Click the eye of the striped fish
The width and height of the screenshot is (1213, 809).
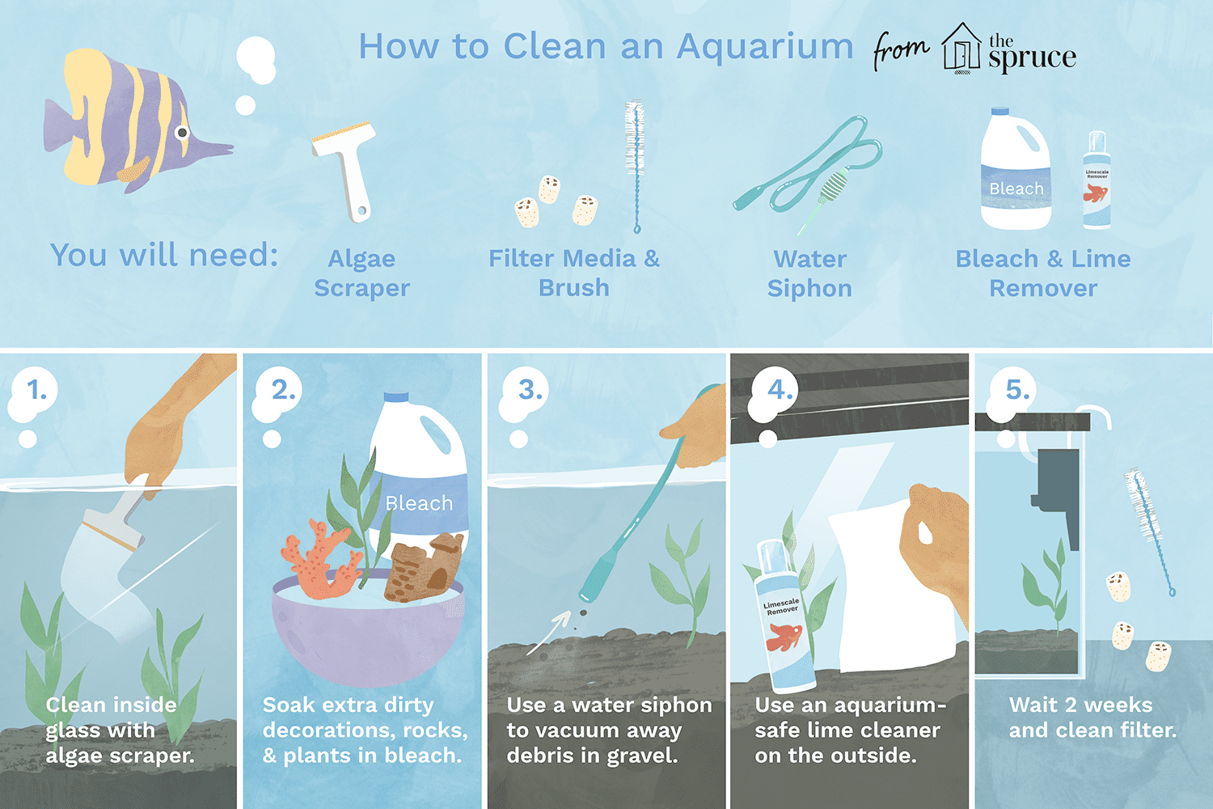tap(183, 132)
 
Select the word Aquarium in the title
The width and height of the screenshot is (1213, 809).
tap(764, 47)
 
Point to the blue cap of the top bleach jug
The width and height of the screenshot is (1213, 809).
tap(1000, 111)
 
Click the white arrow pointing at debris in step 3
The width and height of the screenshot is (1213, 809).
tap(548, 633)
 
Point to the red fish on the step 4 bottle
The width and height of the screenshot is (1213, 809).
tap(784, 637)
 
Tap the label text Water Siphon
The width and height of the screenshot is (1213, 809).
tap(809, 273)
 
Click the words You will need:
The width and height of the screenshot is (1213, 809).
tap(164, 255)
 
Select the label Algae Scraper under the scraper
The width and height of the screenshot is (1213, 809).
tap(361, 273)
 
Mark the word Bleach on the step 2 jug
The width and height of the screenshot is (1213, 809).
tap(419, 503)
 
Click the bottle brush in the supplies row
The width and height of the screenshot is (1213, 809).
tap(635, 167)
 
